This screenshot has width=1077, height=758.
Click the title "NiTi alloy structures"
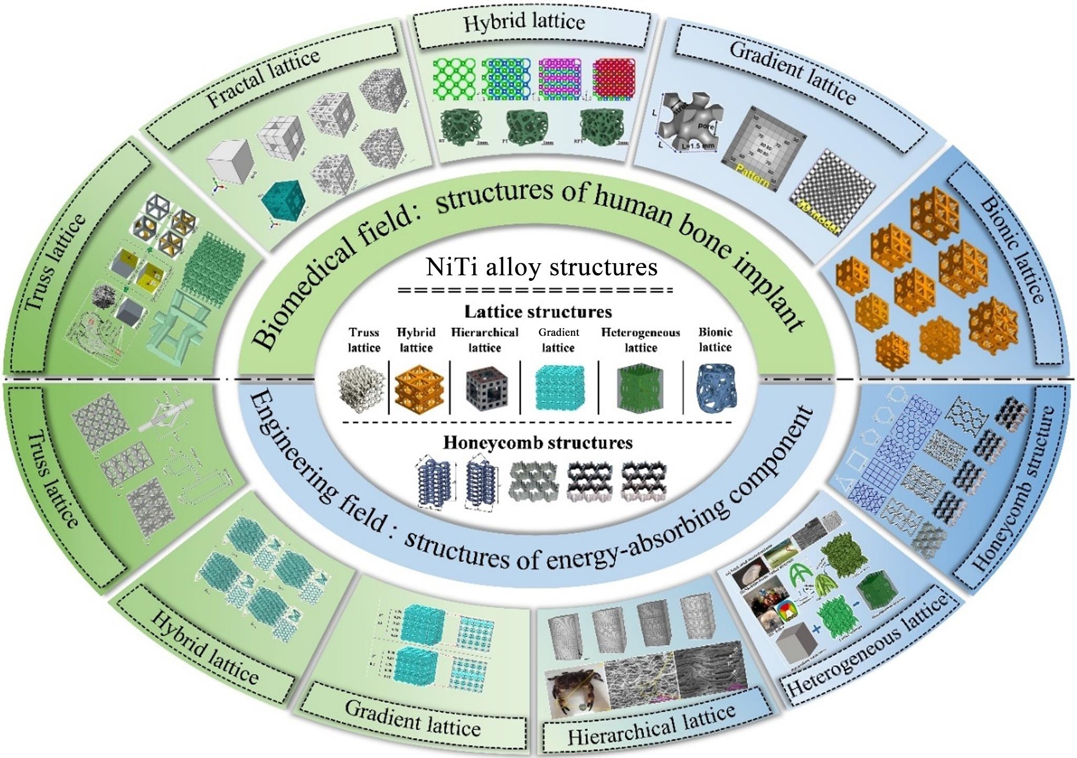(x=542, y=267)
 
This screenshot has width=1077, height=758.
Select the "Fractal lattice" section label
(x=263, y=79)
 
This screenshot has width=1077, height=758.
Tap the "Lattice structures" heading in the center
(x=538, y=312)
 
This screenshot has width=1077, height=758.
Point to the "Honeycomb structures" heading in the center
(x=537, y=442)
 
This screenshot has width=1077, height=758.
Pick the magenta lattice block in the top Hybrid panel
(x=559, y=79)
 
